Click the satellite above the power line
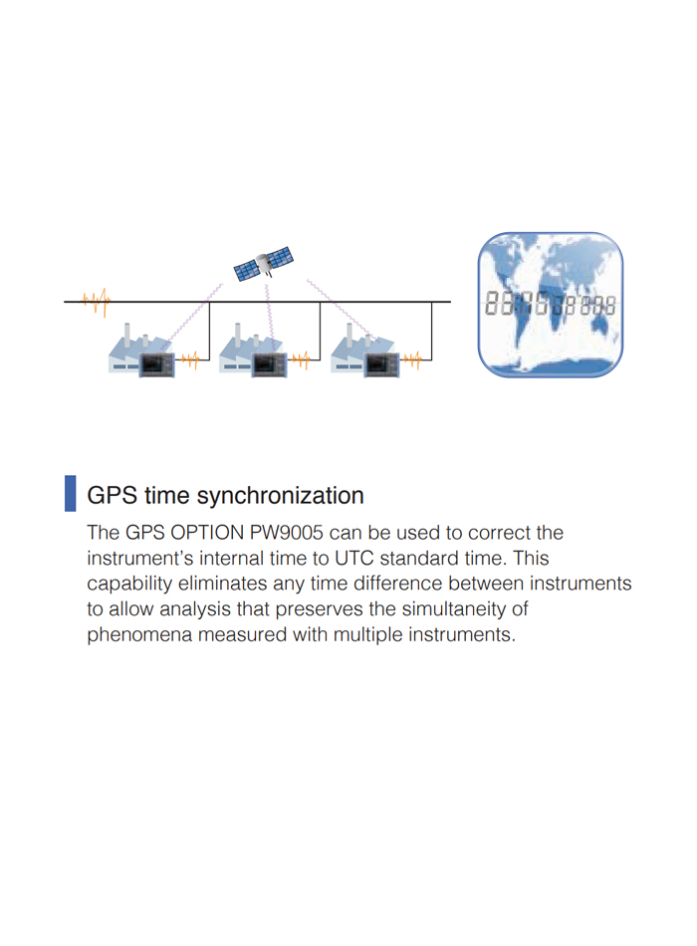click(x=264, y=264)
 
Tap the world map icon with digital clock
click(x=551, y=305)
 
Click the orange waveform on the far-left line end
click(x=97, y=301)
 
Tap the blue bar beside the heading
click(x=70, y=494)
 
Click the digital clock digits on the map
click(x=551, y=304)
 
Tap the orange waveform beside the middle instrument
click(x=301, y=360)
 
